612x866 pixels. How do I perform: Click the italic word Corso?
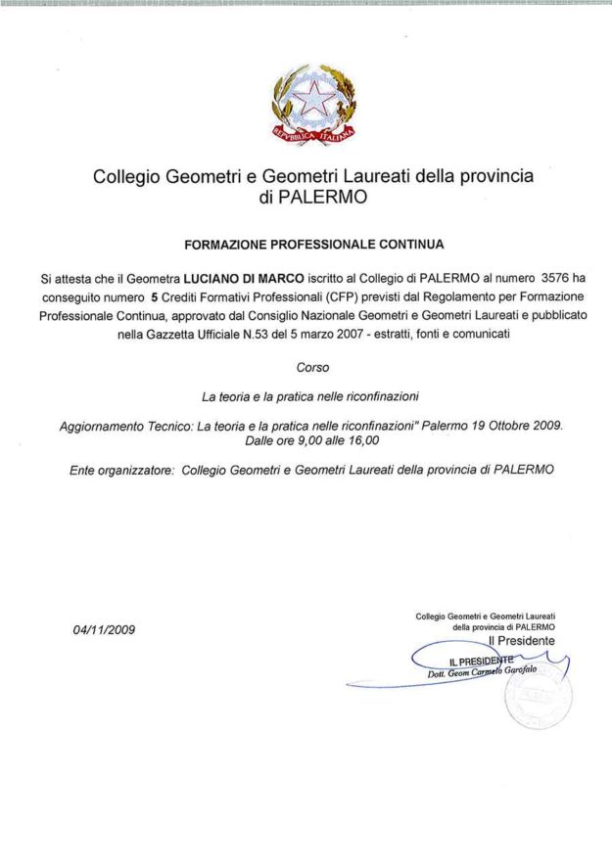(x=312, y=368)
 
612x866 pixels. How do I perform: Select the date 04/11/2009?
(x=104, y=629)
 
